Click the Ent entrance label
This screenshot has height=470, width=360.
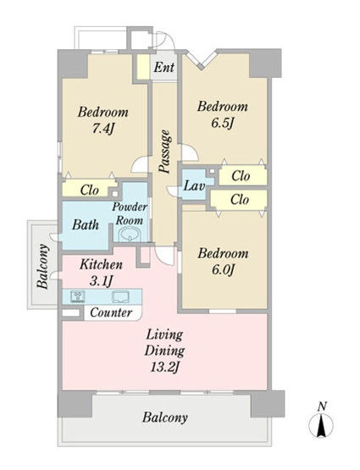(164, 67)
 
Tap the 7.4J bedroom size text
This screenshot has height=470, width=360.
(103, 129)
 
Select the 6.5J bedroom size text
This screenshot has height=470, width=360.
(222, 123)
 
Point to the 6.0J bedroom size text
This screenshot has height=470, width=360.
(223, 270)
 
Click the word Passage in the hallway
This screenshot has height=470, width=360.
(165, 152)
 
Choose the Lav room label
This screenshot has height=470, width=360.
(194, 185)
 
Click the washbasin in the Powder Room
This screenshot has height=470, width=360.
(130, 234)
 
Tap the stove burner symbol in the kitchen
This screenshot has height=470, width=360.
(77, 296)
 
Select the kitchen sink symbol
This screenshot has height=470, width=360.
(120, 296)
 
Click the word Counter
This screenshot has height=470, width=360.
(111, 312)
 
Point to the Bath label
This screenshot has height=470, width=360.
(86, 224)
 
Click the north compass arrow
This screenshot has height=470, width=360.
(321, 425)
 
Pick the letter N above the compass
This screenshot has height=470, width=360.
(322, 406)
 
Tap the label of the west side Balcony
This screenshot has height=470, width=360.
(43, 266)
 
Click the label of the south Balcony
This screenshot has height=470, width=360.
(165, 417)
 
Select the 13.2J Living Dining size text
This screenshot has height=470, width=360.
(164, 367)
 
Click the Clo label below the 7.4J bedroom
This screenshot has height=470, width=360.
(90, 190)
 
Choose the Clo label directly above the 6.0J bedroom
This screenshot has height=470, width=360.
(240, 199)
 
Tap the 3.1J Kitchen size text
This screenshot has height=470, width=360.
(101, 281)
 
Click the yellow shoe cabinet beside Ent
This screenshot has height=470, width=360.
(143, 67)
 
